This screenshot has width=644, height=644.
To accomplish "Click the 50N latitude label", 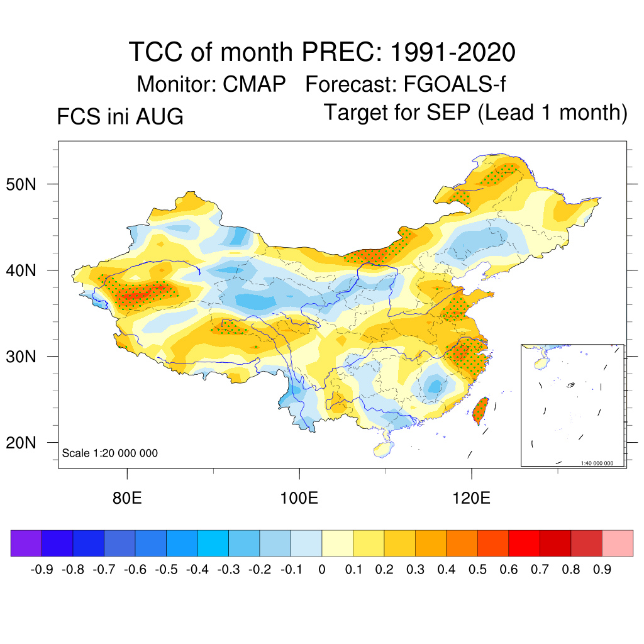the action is click(x=21, y=184).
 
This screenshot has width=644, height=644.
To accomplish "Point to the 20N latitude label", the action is click(x=21, y=443).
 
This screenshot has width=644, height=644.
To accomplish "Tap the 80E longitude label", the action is click(x=127, y=498).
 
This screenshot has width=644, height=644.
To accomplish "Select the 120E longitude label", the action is click(x=472, y=498).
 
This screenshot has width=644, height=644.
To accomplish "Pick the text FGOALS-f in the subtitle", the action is click(x=455, y=84).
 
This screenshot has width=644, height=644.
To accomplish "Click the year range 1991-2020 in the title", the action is click(x=453, y=52).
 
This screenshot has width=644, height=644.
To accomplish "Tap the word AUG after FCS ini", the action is click(x=160, y=116).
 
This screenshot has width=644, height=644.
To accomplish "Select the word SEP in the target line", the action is click(x=448, y=112).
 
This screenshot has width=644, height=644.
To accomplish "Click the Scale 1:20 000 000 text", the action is click(x=109, y=453).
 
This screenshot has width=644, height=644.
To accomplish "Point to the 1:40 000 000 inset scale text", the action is click(x=597, y=463).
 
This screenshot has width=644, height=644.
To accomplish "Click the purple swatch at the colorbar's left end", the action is click(x=26, y=543).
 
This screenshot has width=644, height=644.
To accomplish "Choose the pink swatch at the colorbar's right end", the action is click(x=618, y=543).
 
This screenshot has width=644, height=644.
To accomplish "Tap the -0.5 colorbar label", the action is click(x=167, y=570).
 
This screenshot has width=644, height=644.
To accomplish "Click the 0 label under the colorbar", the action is click(x=322, y=570).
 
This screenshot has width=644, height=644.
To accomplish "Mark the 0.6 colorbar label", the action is click(x=508, y=570).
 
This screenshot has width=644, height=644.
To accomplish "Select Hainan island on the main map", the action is click(x=384, y=449).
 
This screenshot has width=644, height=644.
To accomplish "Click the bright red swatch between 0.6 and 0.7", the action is click(x=524, y=543).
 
